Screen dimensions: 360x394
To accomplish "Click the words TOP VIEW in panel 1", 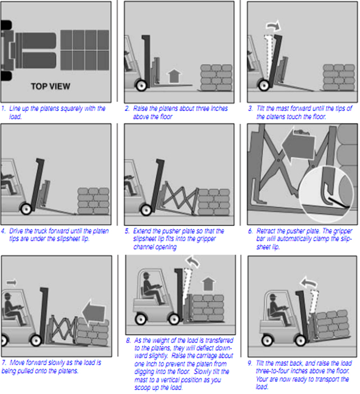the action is pos(51,87).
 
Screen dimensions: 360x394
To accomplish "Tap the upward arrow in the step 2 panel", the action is pos(174,76).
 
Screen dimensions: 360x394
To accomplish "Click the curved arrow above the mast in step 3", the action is pos(273,25).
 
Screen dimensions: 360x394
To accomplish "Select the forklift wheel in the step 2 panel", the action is pos(141,86).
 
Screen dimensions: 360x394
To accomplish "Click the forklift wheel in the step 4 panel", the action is pos(26,209).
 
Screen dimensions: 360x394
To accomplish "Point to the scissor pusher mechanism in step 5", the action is pos(179,199).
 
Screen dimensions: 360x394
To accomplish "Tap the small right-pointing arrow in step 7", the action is pos(12,283).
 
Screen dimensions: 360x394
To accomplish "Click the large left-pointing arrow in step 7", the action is pos(93,313).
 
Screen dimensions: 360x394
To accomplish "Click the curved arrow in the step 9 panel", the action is pos(308,283).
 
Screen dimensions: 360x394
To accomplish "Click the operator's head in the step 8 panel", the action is pos(146,276).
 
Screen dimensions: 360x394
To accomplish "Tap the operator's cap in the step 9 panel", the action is pos(273,295).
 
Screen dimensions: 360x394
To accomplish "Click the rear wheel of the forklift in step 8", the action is pos(141,319).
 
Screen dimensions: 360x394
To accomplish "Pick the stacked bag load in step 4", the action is pos(93,201).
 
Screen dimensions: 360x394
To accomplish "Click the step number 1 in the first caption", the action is pos(3,109).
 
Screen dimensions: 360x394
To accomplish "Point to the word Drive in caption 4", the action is pos(16,231).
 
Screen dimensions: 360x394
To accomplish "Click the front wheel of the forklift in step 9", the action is pos(300,341).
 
